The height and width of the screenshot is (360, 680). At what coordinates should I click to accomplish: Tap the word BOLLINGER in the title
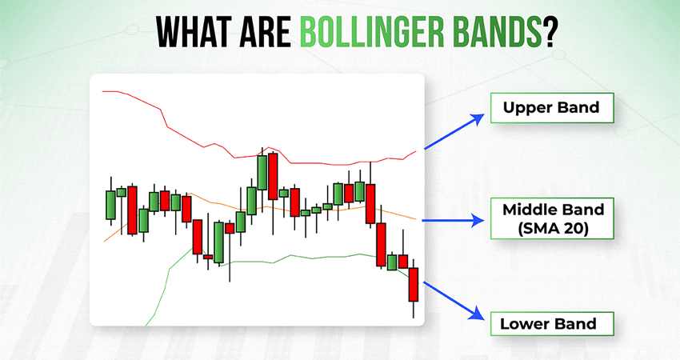[372, 33]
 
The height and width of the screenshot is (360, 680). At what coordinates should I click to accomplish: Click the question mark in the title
[549, 33]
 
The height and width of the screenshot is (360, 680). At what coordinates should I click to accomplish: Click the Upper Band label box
[552, 107]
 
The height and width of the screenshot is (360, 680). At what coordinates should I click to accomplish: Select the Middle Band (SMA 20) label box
[552, 218]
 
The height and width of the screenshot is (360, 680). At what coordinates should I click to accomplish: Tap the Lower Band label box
[552, 323]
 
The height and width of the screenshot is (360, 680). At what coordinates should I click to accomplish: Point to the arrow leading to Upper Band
[454, 132]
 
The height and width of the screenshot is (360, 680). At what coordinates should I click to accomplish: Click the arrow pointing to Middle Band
[453, 220]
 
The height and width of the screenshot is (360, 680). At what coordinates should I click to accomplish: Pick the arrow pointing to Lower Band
[454, 301]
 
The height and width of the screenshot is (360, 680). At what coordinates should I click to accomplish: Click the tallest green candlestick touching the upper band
[262, 173]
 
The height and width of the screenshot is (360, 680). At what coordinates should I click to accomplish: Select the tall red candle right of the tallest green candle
[273, 176]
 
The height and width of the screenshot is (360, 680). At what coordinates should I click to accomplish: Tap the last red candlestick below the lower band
[414, 285]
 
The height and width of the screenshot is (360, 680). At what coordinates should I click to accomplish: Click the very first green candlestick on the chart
[110, 205]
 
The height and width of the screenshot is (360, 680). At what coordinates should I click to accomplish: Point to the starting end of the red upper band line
[102, 91]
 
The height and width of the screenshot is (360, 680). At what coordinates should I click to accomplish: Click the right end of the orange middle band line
[416, 220]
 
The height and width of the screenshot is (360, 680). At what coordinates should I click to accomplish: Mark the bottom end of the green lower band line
[146, 326]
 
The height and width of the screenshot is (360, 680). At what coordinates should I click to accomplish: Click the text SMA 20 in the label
[553, 228]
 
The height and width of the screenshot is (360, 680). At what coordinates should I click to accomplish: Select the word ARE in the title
[267, 33]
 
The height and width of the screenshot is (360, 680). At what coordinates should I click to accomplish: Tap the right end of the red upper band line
[416, 151]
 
